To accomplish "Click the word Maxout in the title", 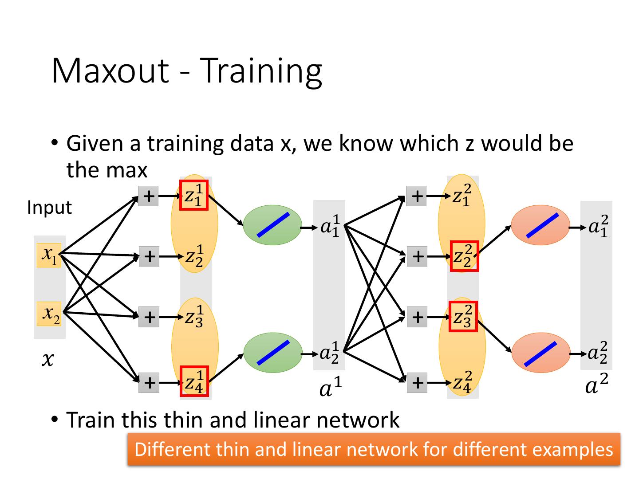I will [x=110, y=71].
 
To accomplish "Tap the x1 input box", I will [x=49, y=255].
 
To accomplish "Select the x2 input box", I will [x=49, y=314].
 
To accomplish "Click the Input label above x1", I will [x=49, y=208].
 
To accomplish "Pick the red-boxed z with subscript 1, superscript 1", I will [x=194, y=195].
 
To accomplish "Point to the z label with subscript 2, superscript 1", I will [x=194, y=256].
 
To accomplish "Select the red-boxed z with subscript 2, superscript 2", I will [x=464, y=256].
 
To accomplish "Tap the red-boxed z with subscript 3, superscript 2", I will [x=463, y=316].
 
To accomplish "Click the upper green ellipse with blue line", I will [x=272, y=225].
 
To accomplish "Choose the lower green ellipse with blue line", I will [x=272, y=353].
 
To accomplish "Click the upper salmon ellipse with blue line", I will [x=540, y=225].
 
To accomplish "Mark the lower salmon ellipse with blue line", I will [x=540, y=353].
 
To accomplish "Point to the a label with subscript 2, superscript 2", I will [x=597, y=353].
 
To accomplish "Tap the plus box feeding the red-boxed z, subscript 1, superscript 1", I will [x=149, y=196].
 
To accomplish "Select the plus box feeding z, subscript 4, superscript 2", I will [x=417, y=382].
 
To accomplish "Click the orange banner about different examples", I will [x=374, y=449].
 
